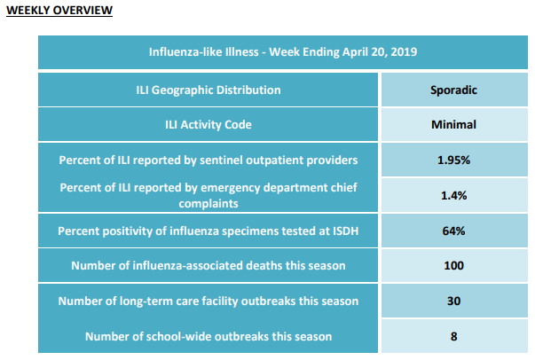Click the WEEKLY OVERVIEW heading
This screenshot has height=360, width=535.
coord(59,11)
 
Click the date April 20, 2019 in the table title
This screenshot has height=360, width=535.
coord(380,52)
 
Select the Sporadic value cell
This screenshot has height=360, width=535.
coord(453,90)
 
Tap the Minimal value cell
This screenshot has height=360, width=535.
coord(453,124)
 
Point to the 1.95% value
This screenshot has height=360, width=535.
coord(453,160)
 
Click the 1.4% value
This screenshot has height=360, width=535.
coord(453,195)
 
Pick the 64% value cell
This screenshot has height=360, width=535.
coord(453,231)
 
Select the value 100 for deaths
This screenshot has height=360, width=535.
coord(453,266)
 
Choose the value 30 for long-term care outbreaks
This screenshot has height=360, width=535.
coord(453,301)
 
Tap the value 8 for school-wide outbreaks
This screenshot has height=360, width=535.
coord(453,336)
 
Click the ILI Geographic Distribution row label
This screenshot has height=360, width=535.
coord(208,90)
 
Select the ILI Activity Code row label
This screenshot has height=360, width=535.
coord(208,124)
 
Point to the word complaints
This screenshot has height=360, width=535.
coord(208,204)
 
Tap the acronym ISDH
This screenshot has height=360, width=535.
coord(344,231)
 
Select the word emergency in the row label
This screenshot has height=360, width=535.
coord(231,188)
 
